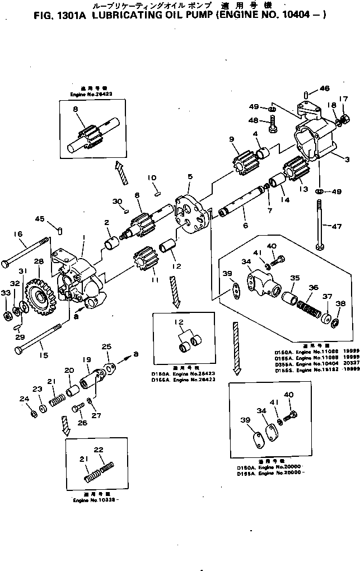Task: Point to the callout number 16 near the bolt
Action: coord(17,234)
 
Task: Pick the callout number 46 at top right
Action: coord(325,88)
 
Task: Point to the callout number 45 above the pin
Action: coord(40,218)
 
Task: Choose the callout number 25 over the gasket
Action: coord(106,347)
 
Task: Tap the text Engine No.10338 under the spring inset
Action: coord(94,500)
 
